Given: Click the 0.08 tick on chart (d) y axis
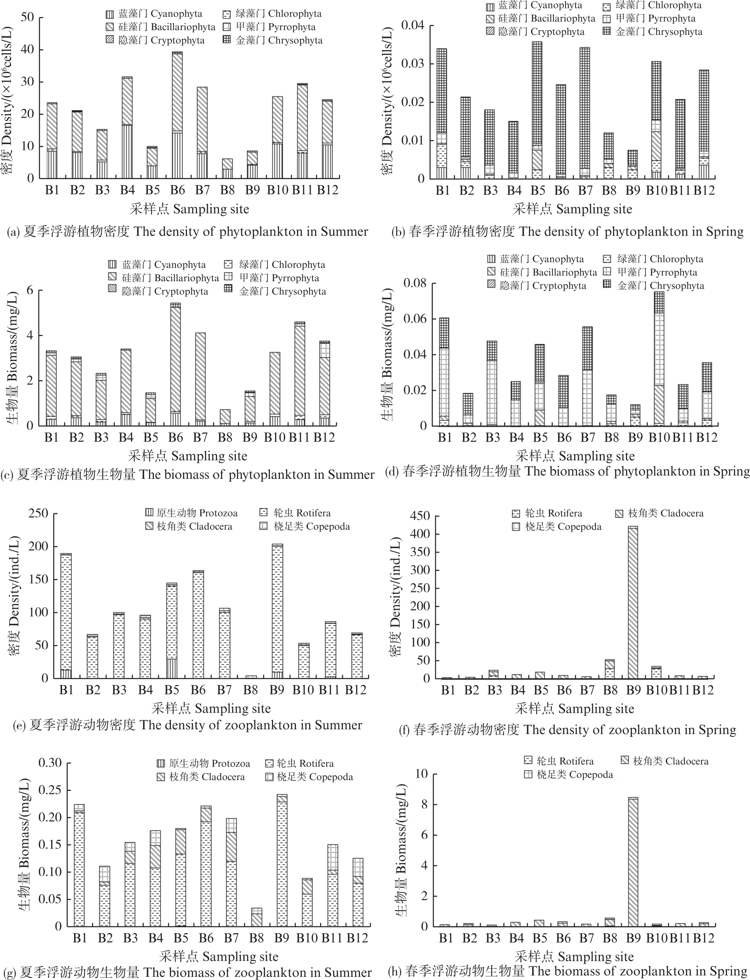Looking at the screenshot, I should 415,283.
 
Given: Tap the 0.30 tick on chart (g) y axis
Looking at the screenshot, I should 50,762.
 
